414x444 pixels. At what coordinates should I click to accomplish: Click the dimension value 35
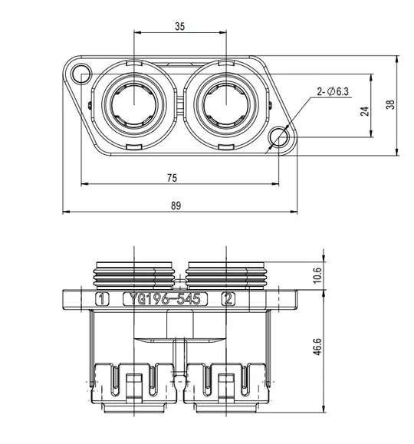click(179, 25)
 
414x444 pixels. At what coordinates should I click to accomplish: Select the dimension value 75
click(172, 177)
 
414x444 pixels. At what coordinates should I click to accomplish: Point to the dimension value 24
click(366, 110)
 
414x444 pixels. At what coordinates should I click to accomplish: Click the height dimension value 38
click(391, 106)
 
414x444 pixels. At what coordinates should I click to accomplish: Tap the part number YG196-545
click(164, 299)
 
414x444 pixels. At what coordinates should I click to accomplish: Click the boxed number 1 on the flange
click(103, 299)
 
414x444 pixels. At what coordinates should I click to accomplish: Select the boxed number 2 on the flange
click(228, 299)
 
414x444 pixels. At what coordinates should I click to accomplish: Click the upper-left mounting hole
click(78, 74)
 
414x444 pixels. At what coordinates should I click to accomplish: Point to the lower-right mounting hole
click(280, 137)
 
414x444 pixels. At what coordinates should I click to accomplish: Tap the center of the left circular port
click(133, 105)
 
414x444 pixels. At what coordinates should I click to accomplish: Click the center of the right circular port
click(225, 105)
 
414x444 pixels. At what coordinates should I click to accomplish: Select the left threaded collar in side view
click(133, 273)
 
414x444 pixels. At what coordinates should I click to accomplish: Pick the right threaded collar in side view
click(225, 273)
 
